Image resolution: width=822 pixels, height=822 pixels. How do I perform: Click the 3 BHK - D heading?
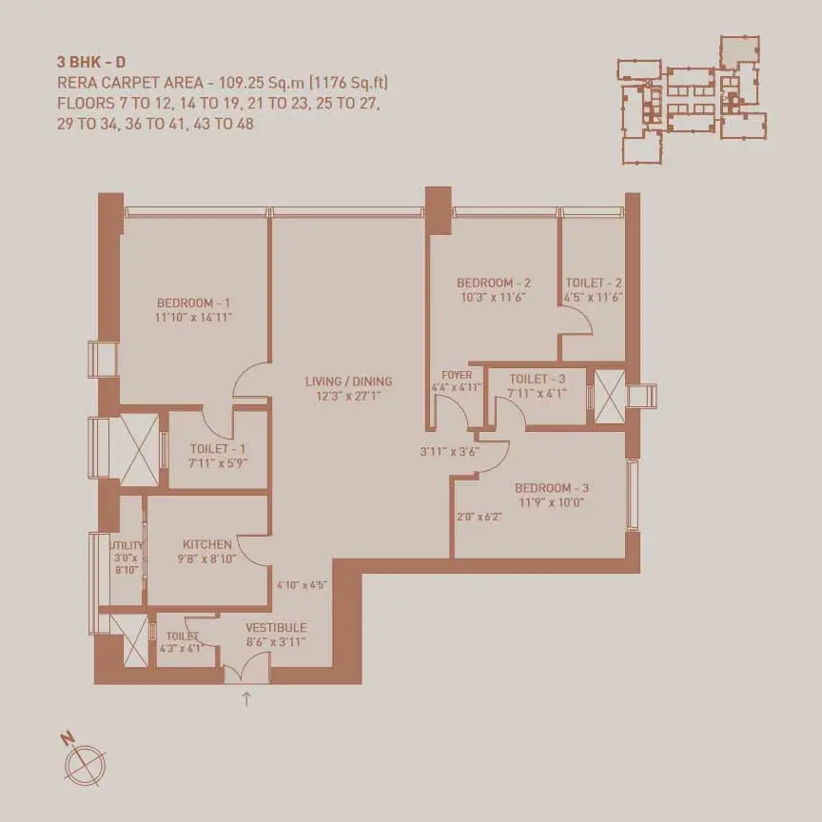91,62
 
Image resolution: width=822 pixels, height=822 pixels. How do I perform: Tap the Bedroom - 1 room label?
193,303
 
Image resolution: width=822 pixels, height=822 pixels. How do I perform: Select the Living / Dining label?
348,382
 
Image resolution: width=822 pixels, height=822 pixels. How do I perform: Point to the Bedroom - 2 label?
494,284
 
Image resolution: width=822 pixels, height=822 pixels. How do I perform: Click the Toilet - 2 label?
594,284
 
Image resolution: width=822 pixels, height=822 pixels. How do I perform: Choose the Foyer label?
457,376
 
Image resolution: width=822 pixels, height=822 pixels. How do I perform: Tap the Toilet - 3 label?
538,379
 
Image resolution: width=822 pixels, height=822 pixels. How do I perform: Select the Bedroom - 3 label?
552,488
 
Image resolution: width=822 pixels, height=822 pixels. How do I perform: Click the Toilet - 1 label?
218,449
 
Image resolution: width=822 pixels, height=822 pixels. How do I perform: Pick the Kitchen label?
207,545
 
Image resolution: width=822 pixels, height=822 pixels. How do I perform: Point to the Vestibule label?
276,628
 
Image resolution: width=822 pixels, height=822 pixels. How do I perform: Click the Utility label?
127,545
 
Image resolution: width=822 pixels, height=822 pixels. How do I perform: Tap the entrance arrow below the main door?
246,699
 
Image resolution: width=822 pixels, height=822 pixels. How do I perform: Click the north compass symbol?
84,763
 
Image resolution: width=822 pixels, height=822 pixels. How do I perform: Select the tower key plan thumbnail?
692,100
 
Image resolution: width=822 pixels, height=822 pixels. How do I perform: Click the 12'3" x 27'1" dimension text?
348,396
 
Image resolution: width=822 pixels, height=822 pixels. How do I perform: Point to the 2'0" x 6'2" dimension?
479,517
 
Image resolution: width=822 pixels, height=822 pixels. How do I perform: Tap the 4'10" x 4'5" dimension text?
302,585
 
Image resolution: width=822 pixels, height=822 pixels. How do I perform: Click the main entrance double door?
247,675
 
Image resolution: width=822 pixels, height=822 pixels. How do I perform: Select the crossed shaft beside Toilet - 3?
610,397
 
